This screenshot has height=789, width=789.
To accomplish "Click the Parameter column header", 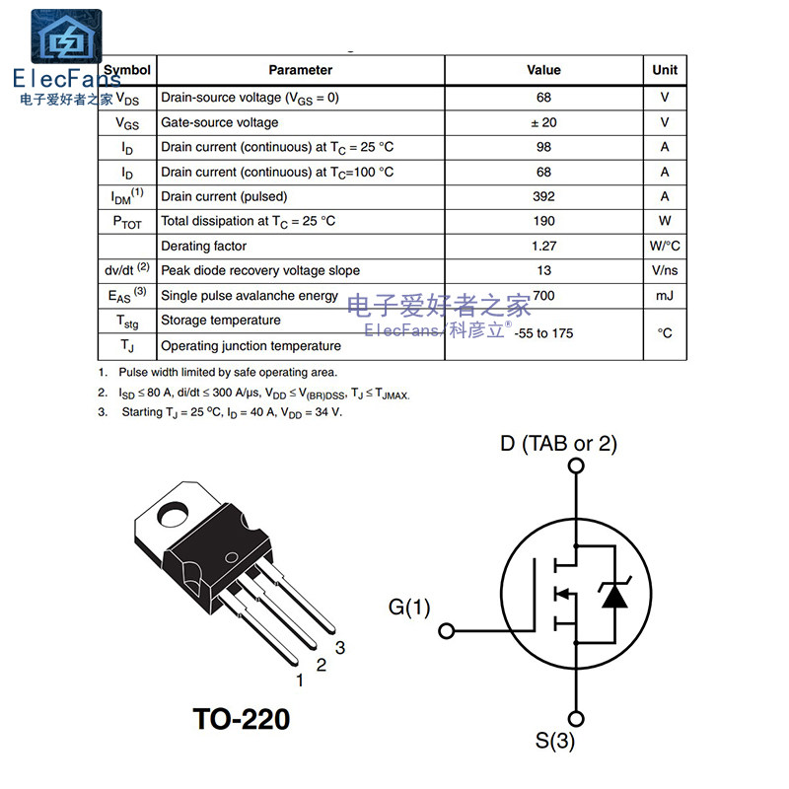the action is point(301,70).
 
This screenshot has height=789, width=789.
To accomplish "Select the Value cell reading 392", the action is point(543,196).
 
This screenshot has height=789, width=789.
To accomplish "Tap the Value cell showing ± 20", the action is point(543,122).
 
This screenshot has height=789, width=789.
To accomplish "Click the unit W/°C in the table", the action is point(665,246).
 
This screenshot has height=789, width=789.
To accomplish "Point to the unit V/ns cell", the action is point(665,270).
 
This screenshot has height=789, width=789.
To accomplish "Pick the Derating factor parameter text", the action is point(204,246).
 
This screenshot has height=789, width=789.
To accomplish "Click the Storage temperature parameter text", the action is point(221,320).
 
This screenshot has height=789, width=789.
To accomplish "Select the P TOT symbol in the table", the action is point(127,222).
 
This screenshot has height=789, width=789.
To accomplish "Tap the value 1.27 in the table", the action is point(543,246).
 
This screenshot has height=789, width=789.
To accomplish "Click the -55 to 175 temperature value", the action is point(543,333).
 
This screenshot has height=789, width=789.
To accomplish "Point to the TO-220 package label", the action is point(241,720).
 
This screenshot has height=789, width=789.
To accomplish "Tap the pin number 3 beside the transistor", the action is point(340,648).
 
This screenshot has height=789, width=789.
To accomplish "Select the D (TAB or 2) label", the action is point(558,444).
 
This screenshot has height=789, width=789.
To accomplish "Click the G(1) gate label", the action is point(410,608).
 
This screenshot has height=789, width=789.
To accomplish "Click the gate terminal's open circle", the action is point(446,630).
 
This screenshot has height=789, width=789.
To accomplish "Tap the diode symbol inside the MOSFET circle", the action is point(614,595).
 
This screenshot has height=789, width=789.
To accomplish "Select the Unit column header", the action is point(665,70).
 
